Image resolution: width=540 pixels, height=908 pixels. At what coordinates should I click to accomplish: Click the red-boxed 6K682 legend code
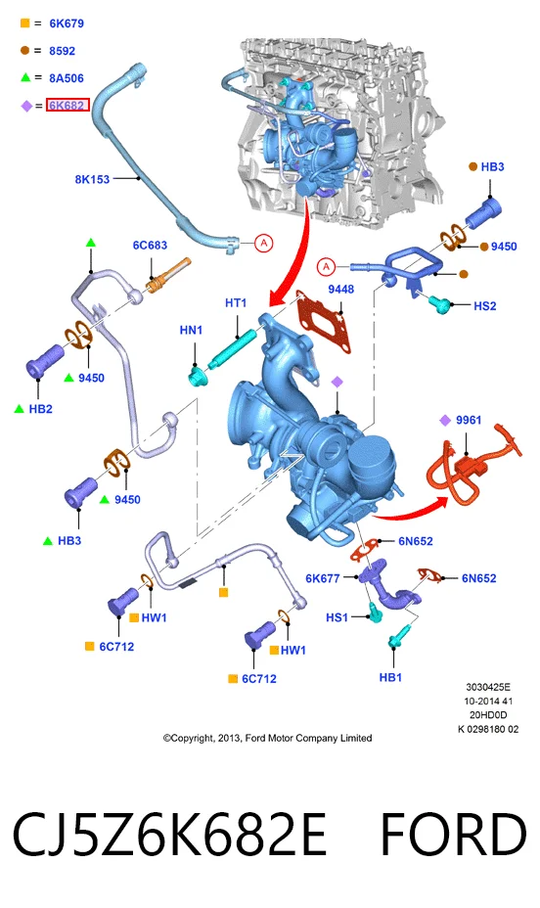pos(68,105)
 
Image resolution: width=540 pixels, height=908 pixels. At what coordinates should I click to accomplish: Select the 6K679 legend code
pos(67,23)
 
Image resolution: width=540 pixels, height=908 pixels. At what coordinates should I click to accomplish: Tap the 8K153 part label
pos(92,179)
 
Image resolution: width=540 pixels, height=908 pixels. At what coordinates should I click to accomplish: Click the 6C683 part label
pos(150,245)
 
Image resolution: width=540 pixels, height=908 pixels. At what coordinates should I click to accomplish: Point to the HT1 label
pos(236,302)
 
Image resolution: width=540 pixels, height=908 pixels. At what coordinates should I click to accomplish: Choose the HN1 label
pos(191,330)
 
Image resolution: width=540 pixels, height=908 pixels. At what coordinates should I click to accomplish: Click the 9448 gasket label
pos(340,289)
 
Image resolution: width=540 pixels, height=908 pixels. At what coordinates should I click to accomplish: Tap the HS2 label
pos(484,305)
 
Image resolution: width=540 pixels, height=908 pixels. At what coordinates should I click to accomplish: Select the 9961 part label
pos(469,420)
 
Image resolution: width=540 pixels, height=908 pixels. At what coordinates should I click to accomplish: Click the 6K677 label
pos(323,578)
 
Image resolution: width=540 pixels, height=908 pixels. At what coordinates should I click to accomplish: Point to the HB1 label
pos(390,677)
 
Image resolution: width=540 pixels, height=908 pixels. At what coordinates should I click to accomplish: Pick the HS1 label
pos(337,617)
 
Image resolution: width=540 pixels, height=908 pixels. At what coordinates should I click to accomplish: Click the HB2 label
pos(40,409)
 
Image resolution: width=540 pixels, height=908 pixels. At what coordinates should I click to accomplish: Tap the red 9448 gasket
pos(325,321)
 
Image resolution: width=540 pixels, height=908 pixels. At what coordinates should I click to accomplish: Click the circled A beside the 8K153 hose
pos(264,243)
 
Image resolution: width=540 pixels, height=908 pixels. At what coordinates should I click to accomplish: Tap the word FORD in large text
pos(453,834)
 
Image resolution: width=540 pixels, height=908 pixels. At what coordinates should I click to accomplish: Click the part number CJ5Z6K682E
pos(169,834)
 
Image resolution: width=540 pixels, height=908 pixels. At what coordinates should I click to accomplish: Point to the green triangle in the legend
pos(25,77)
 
